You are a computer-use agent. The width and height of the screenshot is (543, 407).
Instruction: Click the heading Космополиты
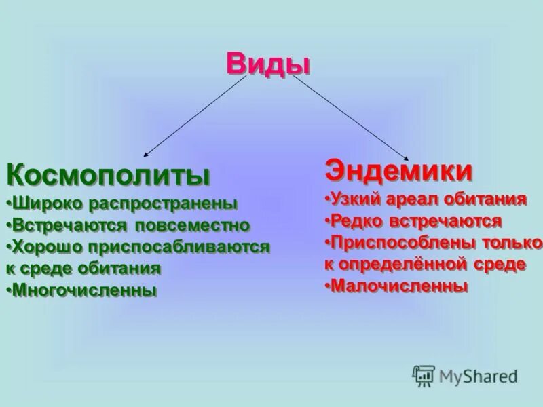108,174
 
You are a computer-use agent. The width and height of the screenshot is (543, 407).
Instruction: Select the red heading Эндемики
398,170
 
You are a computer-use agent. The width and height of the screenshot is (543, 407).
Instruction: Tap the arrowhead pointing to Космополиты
146,155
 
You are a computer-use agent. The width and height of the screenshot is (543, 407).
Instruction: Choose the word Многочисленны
84,290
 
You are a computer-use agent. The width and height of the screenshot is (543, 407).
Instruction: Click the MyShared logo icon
424,374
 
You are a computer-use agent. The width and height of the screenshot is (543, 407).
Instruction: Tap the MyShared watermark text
478,375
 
